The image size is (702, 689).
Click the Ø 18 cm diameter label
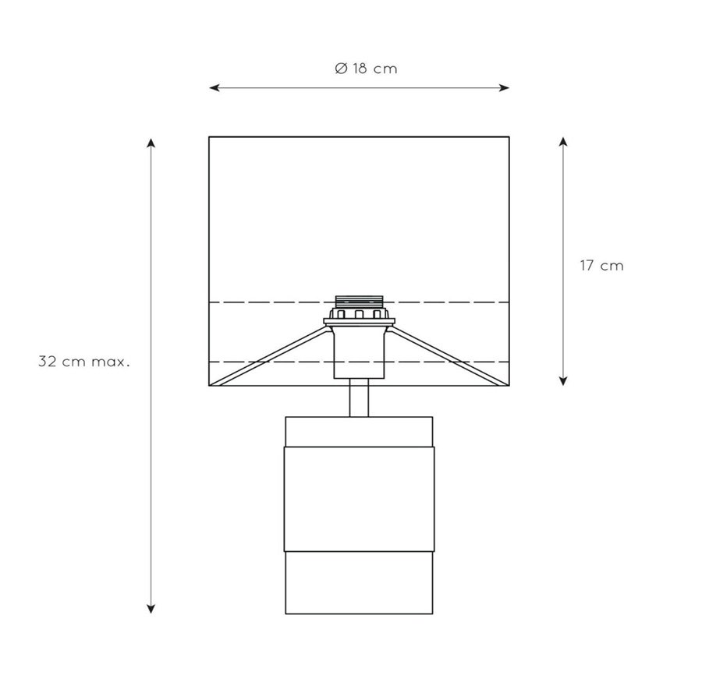click(366, 69)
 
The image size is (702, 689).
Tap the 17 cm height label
click(601, 265)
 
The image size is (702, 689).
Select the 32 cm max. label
click(84, 362)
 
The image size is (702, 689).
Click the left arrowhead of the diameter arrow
click(214, 88)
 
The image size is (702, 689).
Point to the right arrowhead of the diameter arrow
click(505, 88)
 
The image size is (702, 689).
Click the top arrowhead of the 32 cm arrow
click(151, 143)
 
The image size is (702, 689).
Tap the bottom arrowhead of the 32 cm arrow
click(151, 609)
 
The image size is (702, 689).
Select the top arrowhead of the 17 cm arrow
click(564, 143)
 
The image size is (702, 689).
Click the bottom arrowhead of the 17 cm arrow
click(564, 380)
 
